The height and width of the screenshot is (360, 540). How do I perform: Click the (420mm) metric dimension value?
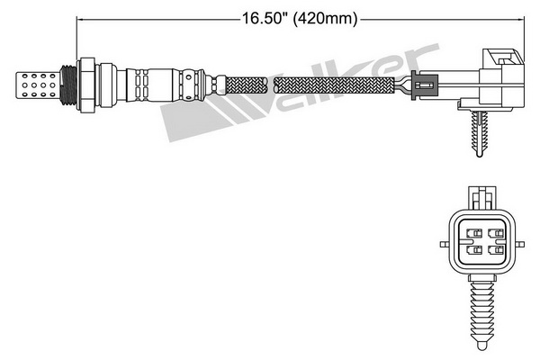[325, 18]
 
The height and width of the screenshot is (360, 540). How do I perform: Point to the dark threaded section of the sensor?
[68, 85]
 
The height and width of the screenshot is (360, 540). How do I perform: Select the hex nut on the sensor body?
[86, 85]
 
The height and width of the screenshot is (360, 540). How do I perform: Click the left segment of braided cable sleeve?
[247, 85]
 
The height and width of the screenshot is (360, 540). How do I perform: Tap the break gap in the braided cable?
[271, 85]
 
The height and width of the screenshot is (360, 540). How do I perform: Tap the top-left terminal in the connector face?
[474, 233]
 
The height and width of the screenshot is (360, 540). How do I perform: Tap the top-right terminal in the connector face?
[496, 233]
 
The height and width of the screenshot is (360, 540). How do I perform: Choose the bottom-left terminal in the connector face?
[474, 250]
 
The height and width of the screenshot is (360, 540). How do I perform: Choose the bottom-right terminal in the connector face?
[496, 250]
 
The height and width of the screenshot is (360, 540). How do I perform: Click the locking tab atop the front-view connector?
[482, 199]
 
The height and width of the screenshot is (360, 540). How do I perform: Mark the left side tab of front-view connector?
[445, 244]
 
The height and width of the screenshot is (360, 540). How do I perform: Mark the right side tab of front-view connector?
[520, 244]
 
